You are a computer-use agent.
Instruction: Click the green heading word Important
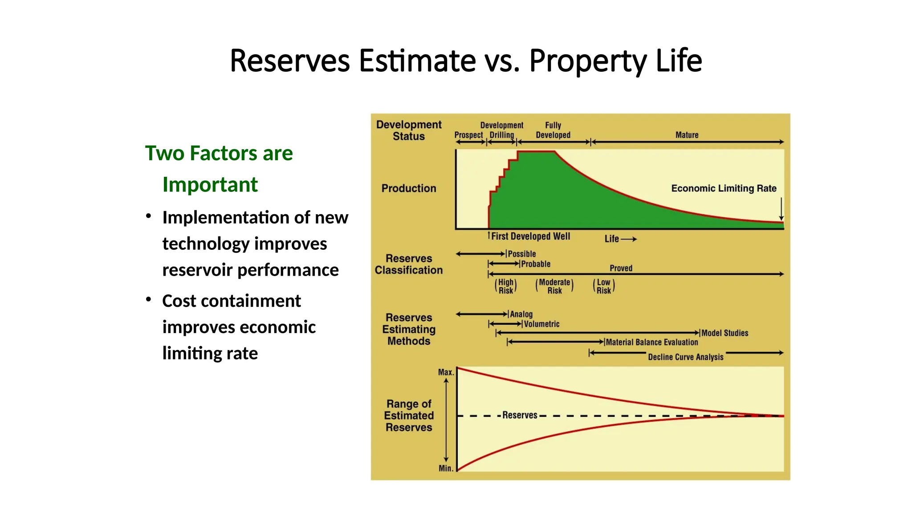[x=210, y=184]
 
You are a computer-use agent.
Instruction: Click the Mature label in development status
[x=687, y=135]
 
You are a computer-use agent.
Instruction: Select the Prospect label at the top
[x=468, y=135]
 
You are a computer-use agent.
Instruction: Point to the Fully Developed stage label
[x=553, y=130]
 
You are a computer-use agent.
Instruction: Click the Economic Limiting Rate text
[x=724, y=188]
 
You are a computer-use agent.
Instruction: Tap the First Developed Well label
[x=530, y=236]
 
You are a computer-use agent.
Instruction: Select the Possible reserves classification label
[x=522, y=254]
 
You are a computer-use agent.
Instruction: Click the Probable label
[x=536, y=264]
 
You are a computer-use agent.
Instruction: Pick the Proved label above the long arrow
[x=621, y=268]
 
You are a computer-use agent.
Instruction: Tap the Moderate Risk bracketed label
[x=554, y=286]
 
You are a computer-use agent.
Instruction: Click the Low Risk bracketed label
[x=604, y=286]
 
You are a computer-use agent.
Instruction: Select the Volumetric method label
[x=541, y=324]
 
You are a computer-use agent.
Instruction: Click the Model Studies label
[x=725, y=333]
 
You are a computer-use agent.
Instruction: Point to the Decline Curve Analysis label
[x=686, y=357]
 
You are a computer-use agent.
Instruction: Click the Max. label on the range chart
[x=445, y=372]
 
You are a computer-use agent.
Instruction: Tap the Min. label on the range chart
[x=445, y=468]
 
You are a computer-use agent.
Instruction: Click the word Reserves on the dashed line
[x=520, y=415]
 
